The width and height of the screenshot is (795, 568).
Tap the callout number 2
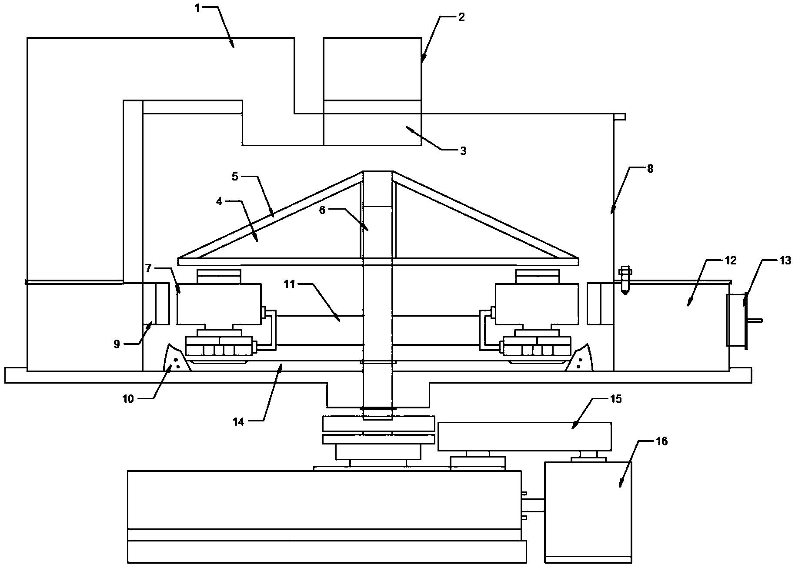(461, 17)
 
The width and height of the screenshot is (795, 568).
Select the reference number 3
(463, 151)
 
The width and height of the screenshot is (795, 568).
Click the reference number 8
(650, 169)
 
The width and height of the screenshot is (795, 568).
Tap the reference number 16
(661, 441)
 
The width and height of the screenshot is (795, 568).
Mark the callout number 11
(289, 284)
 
